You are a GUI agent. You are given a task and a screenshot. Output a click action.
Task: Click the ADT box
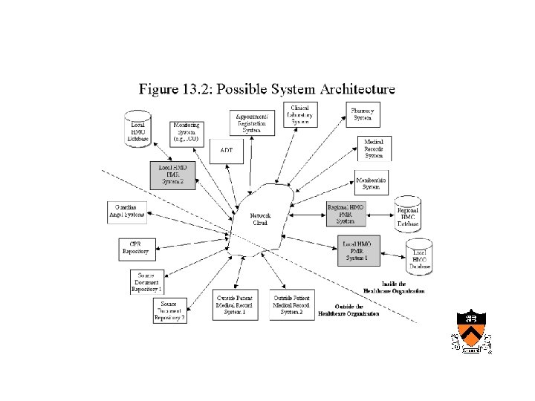(226, 151)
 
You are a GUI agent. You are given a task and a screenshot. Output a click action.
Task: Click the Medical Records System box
(374, 148)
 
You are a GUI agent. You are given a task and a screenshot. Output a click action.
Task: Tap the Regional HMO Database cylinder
(407, 213)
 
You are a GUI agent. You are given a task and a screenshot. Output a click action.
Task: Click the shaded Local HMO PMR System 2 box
(172, 175)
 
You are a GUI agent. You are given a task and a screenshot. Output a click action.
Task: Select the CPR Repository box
(135, 247)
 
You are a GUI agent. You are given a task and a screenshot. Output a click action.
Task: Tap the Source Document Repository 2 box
(169, 310)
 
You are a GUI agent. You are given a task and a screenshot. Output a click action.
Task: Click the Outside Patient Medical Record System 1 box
(236, 303)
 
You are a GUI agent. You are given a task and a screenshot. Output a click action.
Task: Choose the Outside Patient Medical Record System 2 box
(291, 303)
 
